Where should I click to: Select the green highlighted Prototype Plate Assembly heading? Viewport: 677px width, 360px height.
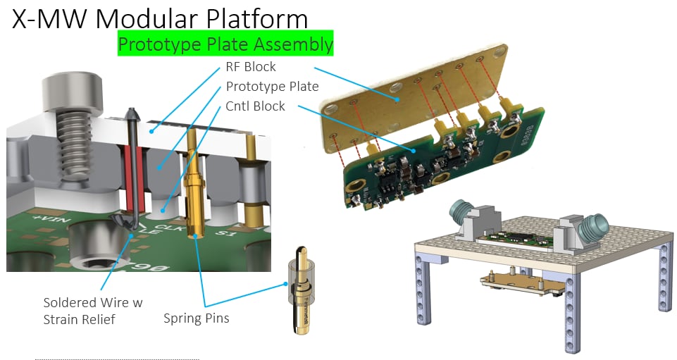225,44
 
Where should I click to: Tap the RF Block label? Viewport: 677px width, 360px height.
251,68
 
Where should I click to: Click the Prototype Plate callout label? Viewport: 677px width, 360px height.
272,87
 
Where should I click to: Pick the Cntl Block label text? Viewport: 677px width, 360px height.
255,106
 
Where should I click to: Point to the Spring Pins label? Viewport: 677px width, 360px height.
197,318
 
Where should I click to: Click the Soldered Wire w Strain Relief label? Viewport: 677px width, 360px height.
92,310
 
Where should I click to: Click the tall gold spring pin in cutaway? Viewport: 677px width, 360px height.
192,183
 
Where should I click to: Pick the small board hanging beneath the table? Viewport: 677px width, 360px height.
521,282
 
